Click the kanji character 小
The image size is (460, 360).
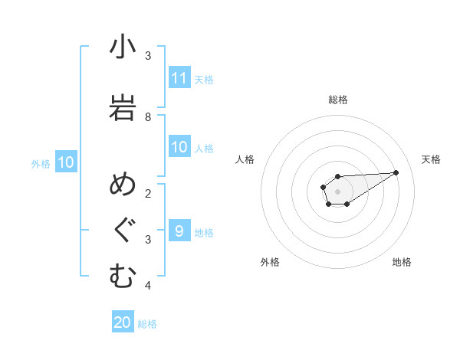coord(122,48)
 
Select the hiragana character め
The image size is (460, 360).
coord(122,186)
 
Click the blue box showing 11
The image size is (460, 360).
coord(179,78)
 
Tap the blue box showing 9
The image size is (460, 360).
coord(179,231)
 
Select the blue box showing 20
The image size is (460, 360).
coord(123,322)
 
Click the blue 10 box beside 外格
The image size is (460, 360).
coord(66,162)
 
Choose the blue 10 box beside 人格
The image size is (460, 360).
coord(179,147)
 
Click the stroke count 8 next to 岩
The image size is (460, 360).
coord(148,116)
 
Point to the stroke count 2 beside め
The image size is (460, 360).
coord(148,193)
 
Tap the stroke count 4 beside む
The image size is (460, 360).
coord(148,286)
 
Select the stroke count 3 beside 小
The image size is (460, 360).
coord(148,56)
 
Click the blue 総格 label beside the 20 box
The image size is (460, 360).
coord(147,324)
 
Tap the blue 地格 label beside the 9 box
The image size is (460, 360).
coord(204,232)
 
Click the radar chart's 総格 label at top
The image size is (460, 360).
coord(338,100)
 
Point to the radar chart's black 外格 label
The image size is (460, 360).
coord(270,262)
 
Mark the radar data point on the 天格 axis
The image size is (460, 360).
coord(396,172)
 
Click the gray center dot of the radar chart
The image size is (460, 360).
coord(337,190)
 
